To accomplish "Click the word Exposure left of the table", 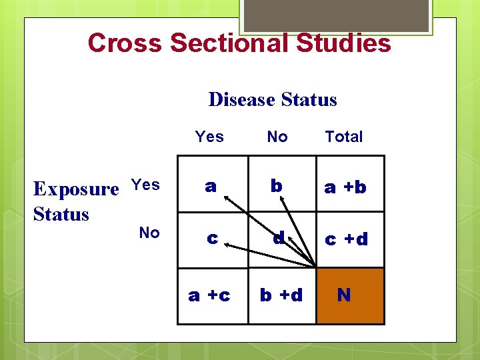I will pos(75,189).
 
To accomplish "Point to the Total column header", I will pos(343,137).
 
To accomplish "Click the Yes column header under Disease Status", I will pos(209,137).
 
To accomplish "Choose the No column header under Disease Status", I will pos(277,137).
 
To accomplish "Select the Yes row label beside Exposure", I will pos(145,185).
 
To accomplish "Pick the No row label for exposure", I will pos(149,233).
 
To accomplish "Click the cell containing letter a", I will pos(211,187).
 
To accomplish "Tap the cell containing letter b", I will pos(276,186).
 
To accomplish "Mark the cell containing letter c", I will pos(212,239).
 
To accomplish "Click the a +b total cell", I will pos(345,187).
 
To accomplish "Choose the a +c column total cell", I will pos(209,295).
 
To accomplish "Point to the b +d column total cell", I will pos(281,295).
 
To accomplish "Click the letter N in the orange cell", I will pos(344,295).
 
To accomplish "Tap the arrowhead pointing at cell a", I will pos(227,198).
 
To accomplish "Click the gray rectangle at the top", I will pos(336,15).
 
